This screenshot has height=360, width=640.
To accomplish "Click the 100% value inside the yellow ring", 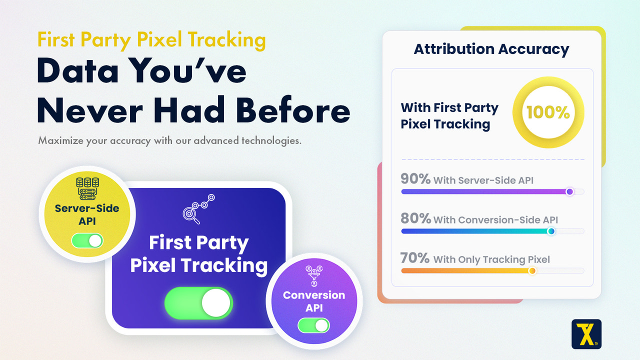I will click(x=548, y=112).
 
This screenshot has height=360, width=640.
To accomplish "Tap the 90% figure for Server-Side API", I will click(x=415, y=179).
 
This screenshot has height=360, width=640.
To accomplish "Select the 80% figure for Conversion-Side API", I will click(x=415, y=218).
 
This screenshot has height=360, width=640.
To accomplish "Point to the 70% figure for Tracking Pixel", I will click(x=415, y=258).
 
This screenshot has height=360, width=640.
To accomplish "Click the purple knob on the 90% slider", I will click(x=569, y=191).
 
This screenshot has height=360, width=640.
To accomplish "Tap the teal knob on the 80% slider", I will click(x=551, y=231).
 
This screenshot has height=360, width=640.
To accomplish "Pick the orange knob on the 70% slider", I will click(x=532, y=271).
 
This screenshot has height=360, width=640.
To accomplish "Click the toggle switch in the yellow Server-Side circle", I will click(x=87, y=240).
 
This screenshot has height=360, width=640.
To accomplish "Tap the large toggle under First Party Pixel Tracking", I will click(x=198, y=303).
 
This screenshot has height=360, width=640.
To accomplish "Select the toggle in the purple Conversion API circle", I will click(x=313, y=325).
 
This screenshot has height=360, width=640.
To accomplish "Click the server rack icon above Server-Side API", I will click(x=87, y=187).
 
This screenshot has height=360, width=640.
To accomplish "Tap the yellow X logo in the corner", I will click(x=586, y=334).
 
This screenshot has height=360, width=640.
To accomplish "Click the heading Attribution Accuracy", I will click(x=491, y=49).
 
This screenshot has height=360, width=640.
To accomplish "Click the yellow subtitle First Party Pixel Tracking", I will click(x=151, y=40).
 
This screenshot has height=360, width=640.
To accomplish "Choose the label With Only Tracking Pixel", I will click(x=491, y=259).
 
